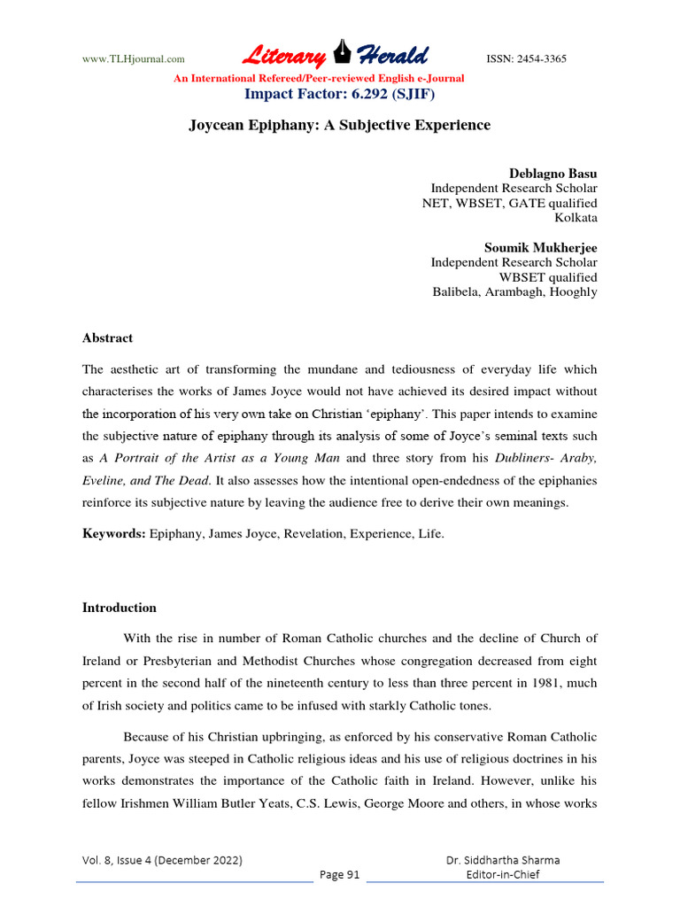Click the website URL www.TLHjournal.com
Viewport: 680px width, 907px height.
coord(133,59)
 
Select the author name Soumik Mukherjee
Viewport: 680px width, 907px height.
coord(540,247)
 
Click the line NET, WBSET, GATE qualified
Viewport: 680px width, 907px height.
coord(509,203)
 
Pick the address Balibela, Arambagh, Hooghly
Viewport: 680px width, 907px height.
coord(514,292)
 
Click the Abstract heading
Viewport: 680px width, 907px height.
coord(107,337)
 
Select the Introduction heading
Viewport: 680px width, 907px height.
coord(119,608)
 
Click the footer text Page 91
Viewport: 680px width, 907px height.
coord(340,875)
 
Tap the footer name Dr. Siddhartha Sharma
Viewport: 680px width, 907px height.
coord(503,860)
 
